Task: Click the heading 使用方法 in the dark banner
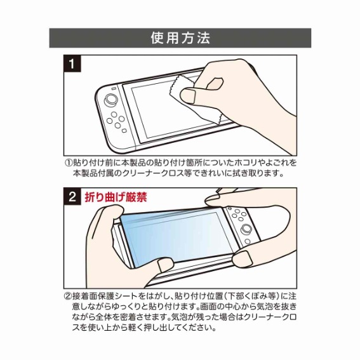click(180, 37)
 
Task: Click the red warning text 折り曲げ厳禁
click(116, 197)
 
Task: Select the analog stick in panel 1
click(110, 100)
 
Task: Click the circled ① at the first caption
click(68, 163)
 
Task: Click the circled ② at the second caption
click(68, 296)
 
